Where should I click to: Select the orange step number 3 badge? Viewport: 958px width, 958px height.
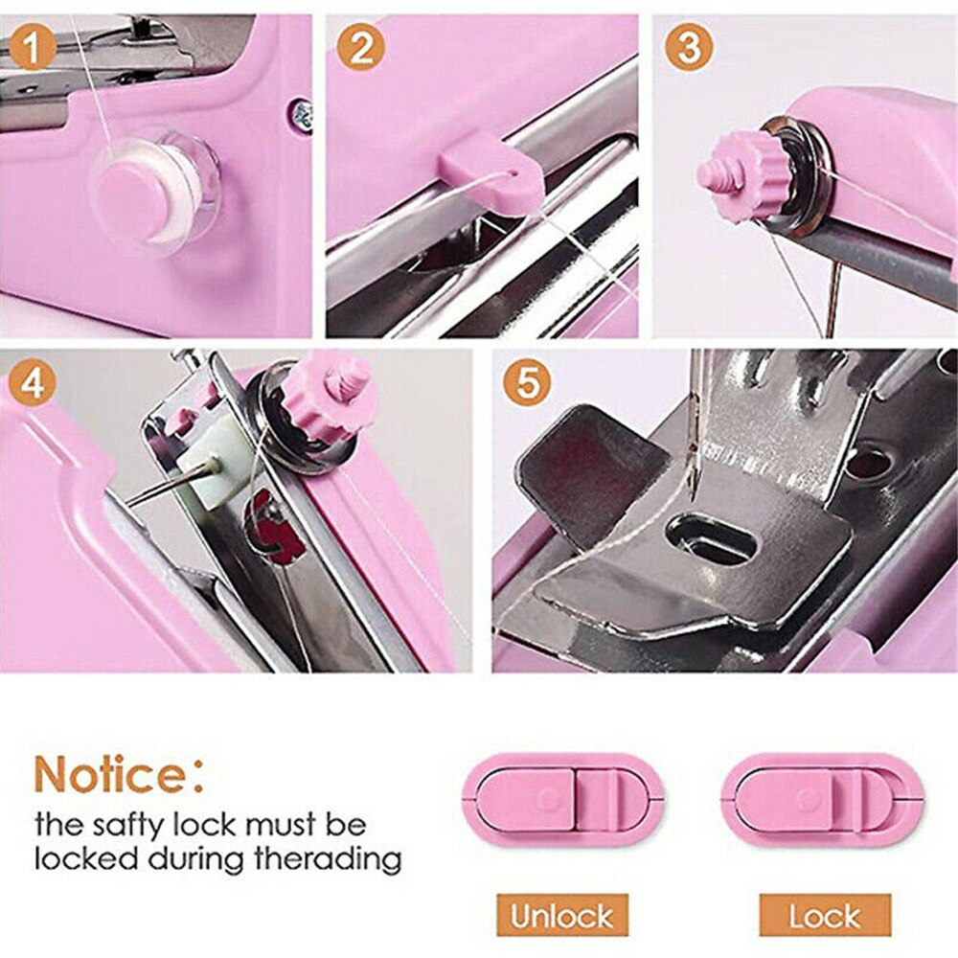pos(688,48)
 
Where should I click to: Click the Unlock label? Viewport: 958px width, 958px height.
pos(562,915)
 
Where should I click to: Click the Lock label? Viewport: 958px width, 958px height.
pos(825,915)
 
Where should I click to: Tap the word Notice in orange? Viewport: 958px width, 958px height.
pos(109,773)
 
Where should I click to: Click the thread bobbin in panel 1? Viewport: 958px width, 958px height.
pos(153,191)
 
